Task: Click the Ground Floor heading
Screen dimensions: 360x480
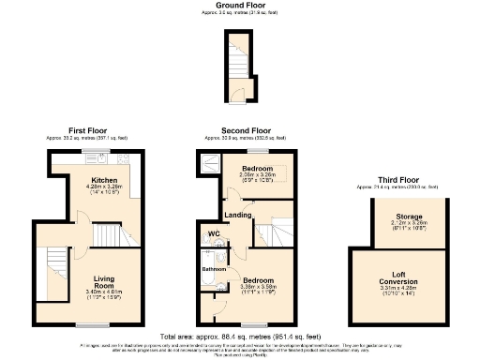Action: click(x=239, y=5)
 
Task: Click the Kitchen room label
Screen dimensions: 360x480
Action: click(x=103, y=179)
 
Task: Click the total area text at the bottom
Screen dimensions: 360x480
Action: click(x=240, y=334)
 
